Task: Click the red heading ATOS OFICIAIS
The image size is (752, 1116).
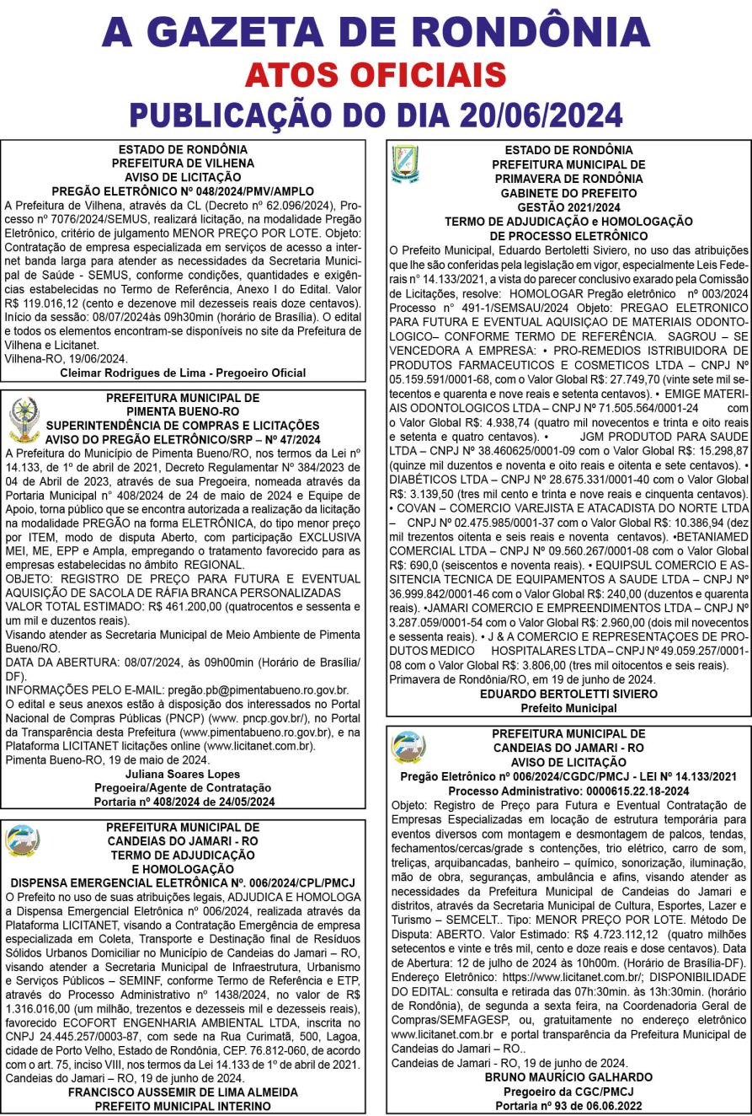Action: click(376, 76)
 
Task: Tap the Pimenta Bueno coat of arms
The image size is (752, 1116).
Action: click(24, 419)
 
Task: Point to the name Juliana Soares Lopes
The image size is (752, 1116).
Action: click(184, 773)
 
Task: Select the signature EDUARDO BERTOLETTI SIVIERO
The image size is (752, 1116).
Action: click(568, 693)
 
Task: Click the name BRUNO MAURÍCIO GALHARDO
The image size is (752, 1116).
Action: click(568, 1076)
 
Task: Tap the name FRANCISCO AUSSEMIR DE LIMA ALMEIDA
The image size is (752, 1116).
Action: click(184, 1091)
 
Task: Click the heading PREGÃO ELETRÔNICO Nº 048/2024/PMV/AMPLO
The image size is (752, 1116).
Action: click(184, 190)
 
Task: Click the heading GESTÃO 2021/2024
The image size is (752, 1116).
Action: click(568, 207)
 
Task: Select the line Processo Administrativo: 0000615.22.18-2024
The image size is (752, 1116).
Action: click(568, 791)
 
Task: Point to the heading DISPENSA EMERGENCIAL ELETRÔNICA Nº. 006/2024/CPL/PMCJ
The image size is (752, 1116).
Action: click(184, 883)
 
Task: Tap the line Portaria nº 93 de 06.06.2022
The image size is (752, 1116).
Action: click(568, 1104)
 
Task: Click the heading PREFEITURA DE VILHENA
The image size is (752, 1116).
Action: click(184, 164)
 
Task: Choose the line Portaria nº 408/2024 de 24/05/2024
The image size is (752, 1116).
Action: click(184, 801)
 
